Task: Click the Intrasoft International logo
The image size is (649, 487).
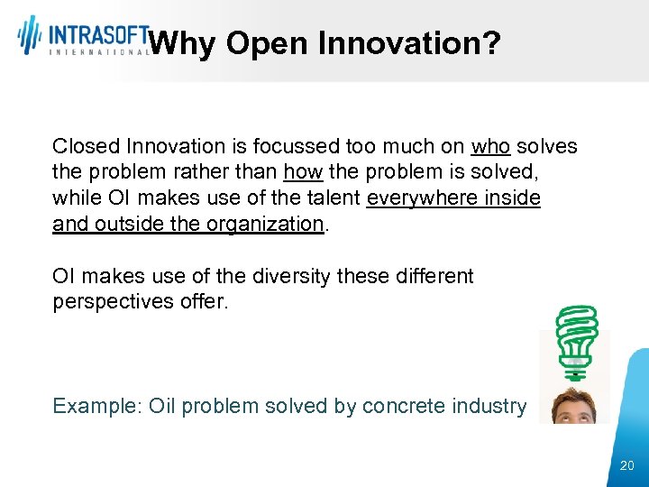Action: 83,36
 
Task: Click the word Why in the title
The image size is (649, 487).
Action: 181,42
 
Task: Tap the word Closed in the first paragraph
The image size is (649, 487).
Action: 87,146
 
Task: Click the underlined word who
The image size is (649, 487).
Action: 490,146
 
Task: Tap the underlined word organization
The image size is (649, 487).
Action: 267,224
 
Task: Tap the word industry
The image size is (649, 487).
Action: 490,406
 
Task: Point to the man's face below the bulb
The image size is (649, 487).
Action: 575,406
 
